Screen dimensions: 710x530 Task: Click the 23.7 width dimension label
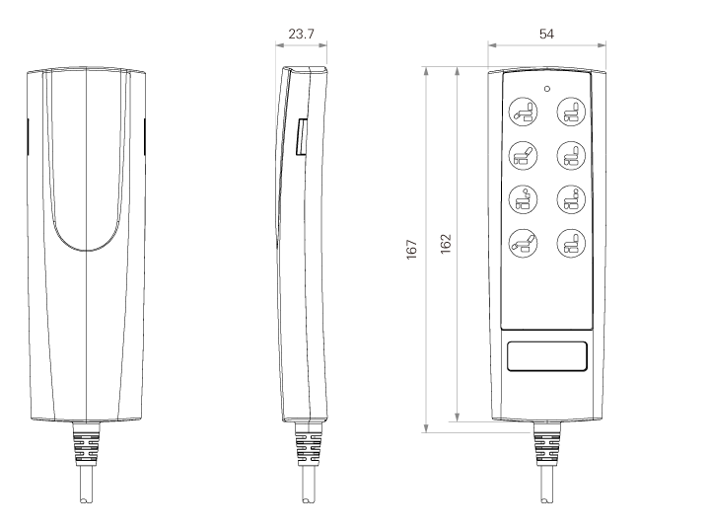pyautogui.click(x=301, y=34)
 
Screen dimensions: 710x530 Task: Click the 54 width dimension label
pyautogui.click(x=546, y=34)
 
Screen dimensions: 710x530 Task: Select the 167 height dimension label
pyautogui.click(x=411, y=250)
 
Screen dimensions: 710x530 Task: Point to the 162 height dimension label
pyautogui.click(x=446, y=244)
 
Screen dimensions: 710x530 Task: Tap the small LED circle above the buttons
pyautogui.click(x=547, y=89)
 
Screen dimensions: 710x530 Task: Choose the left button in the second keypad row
pyautogui.click(x=524, y=156)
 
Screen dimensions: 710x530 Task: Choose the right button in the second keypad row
pyautogui.click(x=571, y=156)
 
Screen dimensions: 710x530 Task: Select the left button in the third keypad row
pyautogui.click(x=524, y=199)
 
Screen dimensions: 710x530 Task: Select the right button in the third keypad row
pyautogui.click(x=571, y=199)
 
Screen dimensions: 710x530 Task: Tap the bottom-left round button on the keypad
pyautogui.click(x=524, y=243)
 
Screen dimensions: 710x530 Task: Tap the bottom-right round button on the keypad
pyautogui.click(x=571, y=243)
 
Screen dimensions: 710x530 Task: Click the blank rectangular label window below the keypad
pyautogui.click(x=547, y=356)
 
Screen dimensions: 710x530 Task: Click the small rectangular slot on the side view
pyautogui.click(x=302, y=137)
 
